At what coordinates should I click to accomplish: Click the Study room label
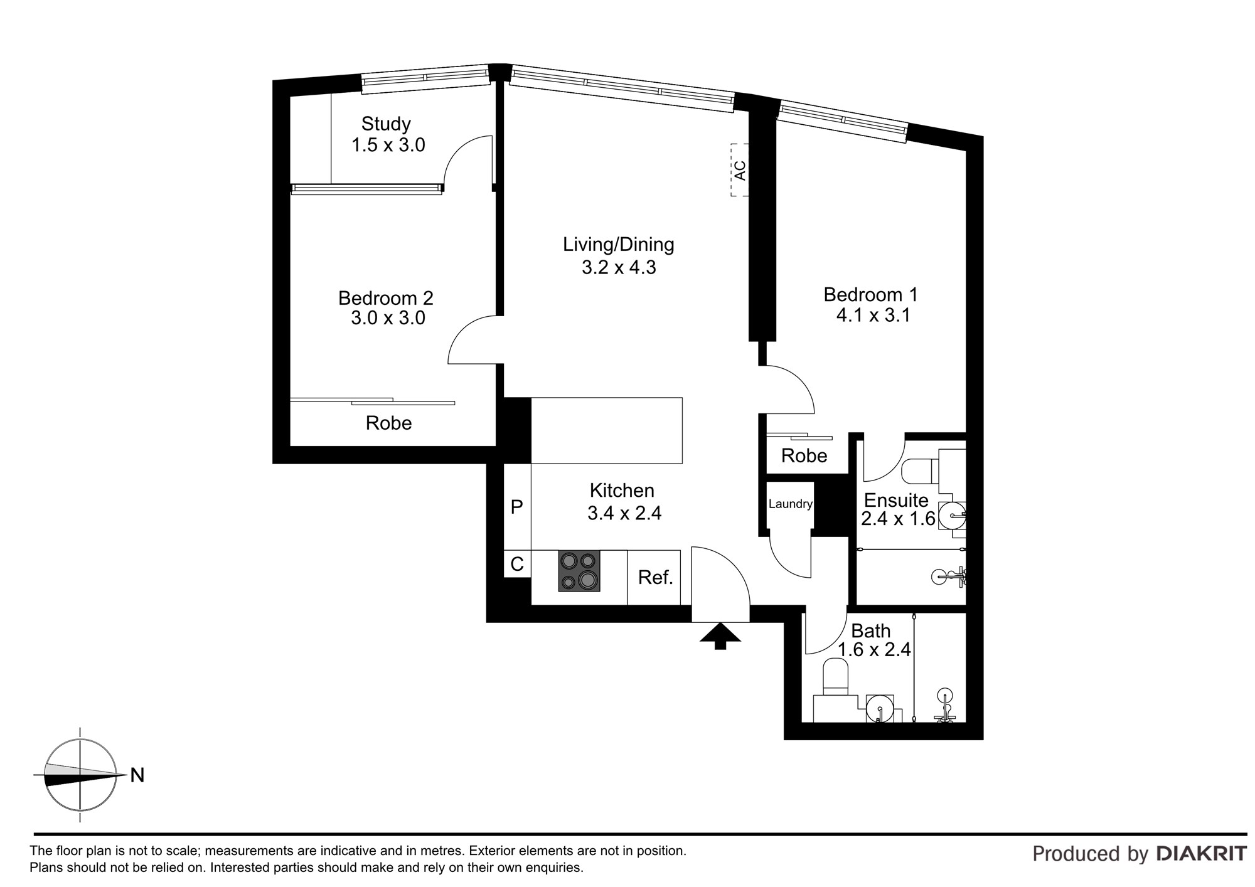click(386, 124)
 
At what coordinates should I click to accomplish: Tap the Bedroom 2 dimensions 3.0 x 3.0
click(388, 318)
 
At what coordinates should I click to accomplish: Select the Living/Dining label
click(618, 245)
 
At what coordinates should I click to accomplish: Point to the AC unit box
click(740, 170)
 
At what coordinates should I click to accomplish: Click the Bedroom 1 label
click(870, 294)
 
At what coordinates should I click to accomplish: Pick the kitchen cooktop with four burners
click(579, 571)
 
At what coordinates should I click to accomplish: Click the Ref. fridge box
click(654, 577)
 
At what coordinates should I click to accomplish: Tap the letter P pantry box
click(517, 507)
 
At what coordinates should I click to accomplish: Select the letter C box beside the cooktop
click(517, 564)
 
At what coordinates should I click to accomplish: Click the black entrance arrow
click(720, 635)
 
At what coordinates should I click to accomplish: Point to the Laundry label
click(790, 504)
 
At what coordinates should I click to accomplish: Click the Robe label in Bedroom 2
click(388, 423)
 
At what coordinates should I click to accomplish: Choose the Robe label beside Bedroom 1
click(804, 456)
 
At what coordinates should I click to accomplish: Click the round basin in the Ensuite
click(953, 516)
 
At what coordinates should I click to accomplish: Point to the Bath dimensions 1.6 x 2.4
click(874, 650)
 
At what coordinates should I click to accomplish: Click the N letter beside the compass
click(137, 775)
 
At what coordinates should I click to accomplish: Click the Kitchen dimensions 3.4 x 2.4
click(624, 514)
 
